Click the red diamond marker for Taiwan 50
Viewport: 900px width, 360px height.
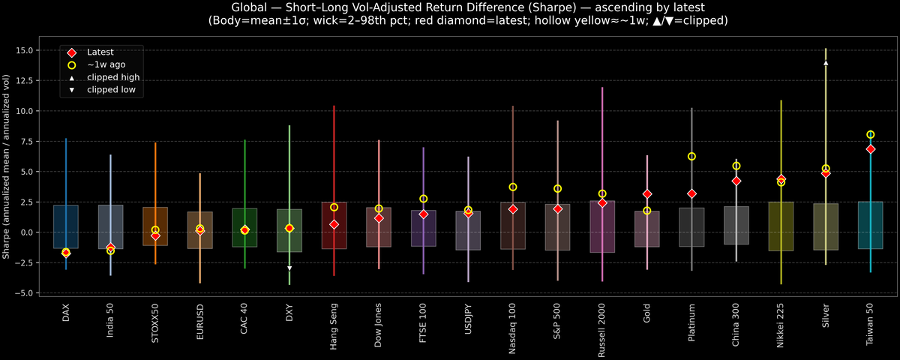click(870, 149)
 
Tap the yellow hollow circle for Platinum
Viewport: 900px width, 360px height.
click(691, 156)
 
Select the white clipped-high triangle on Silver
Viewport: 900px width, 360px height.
click(826, 63)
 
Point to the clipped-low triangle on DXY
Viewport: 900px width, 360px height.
click(289, 268)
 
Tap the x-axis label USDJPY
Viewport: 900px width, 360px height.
click(468, 322)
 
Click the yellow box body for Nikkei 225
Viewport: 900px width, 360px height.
click(781, 226)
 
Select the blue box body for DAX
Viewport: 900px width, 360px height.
click(66, 226)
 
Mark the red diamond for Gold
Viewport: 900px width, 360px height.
click(647, 194)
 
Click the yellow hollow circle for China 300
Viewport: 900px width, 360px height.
click(736, 166)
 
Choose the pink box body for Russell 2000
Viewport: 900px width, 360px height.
click(602, 226)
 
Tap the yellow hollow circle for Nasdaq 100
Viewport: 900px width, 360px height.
click(513, 187)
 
